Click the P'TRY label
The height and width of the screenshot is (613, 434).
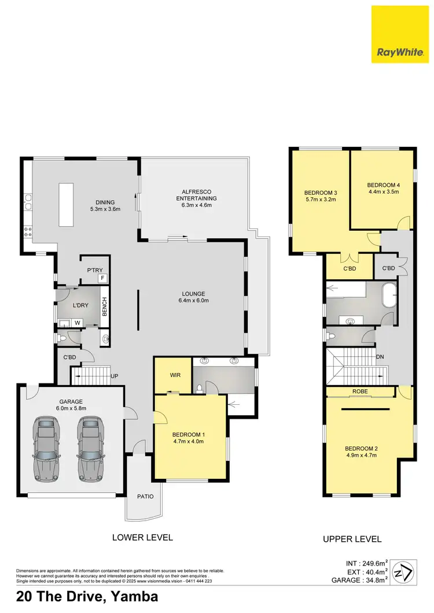point(94,269)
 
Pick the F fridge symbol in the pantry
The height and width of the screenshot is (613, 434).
point(102,278)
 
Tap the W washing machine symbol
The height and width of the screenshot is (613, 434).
point(78,323)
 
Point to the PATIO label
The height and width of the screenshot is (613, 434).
point(144,496)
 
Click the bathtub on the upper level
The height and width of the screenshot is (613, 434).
point(388,296)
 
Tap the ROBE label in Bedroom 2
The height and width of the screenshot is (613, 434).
point(360,392)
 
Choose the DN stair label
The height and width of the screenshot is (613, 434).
point(380,357)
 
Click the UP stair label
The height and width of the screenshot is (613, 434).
point(115,376)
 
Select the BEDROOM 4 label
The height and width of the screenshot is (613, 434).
point(383,189)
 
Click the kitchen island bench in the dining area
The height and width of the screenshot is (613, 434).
point(65,205)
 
